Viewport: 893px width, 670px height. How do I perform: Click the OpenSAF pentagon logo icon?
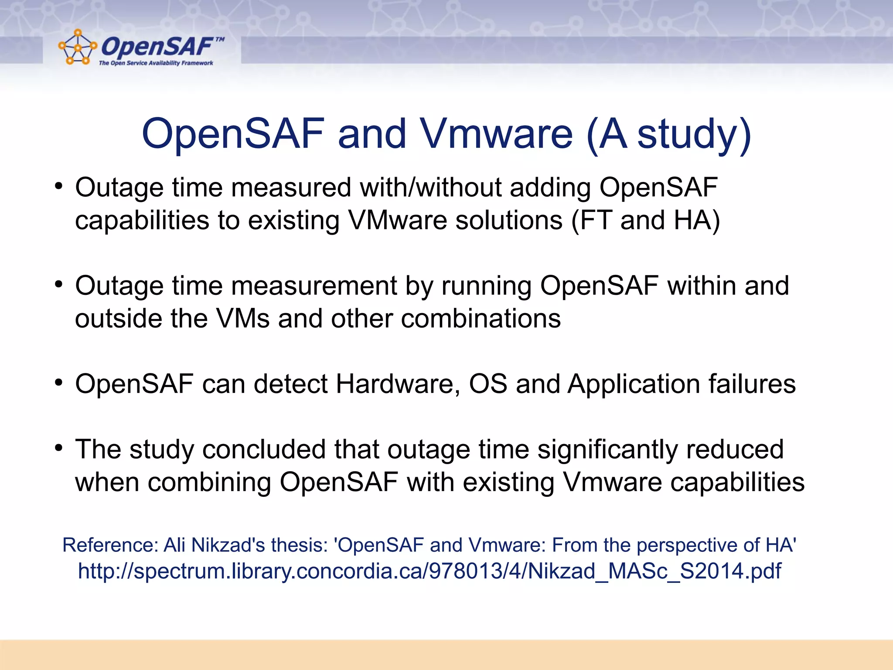[77, 47]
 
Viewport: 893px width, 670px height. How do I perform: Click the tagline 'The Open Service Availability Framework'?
[156, 63]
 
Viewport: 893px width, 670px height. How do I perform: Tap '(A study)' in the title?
[669, 134]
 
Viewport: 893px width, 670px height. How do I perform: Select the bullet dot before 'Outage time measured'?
[59, 187]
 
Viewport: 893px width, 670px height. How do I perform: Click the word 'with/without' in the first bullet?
[430, 188]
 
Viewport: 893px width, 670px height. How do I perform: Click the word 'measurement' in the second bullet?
[314, 286]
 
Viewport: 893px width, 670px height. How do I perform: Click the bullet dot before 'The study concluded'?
[59, 448]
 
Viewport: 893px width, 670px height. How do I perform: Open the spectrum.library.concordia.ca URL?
[429, 571]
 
